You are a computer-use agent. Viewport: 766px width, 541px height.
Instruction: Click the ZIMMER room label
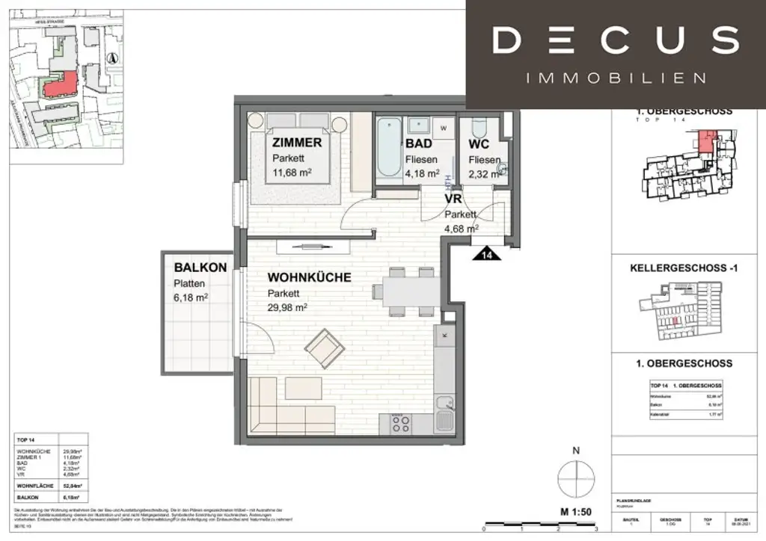click(x=297, y=143)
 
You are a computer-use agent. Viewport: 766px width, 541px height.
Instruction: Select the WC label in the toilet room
click(x=479, y=143)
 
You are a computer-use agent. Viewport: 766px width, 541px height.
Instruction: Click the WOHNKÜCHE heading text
click(x=310, y=277)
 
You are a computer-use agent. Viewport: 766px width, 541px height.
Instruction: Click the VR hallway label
click(x=453, y=200)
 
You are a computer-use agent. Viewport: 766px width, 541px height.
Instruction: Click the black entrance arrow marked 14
click(x=488, y=254)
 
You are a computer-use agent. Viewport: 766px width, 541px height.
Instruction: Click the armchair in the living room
click(x=325, y=346)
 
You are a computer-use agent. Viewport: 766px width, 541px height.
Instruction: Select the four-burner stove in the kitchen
click(x=400, y=424)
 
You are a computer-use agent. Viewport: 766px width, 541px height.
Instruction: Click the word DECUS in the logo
click(x=615, y=40)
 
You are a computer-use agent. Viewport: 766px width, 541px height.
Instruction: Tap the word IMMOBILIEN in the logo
click(x=616, y=78)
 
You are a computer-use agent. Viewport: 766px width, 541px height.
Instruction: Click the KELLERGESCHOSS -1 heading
click(x=684, y=267)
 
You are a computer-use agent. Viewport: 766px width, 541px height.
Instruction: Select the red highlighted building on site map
click(x=60, y=84)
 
